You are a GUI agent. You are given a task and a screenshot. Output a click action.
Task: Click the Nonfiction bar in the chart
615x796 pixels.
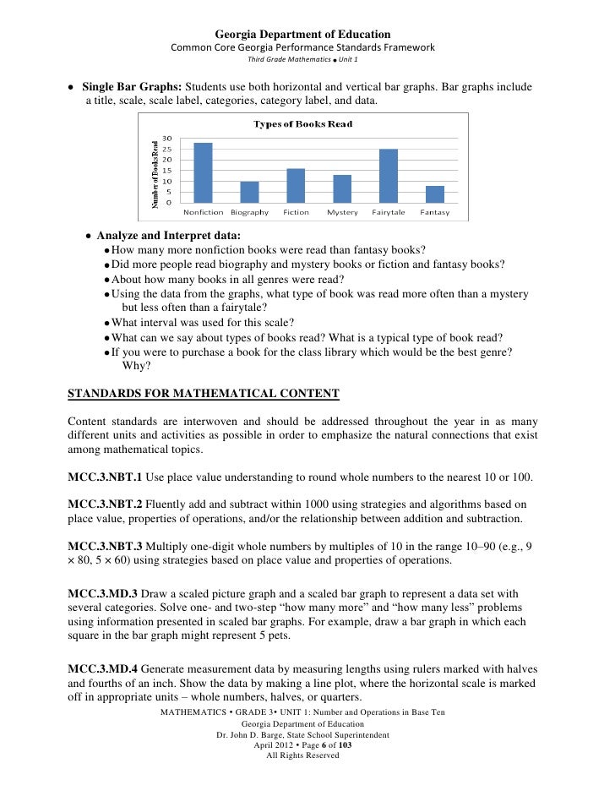(x=203, y=173)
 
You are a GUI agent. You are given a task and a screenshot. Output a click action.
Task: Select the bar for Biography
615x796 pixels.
(x=249, y=192)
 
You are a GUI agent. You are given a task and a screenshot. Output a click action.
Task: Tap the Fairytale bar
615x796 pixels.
(x=388, y=176)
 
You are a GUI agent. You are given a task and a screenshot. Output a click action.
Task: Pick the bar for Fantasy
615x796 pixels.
(x=434, y=194)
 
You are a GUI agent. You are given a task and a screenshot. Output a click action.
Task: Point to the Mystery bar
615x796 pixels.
(x=341, y=188)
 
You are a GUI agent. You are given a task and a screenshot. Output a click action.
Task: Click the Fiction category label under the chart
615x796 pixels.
(x=296, y=212)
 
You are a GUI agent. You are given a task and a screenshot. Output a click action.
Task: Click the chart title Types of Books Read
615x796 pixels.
(x=303, y=124)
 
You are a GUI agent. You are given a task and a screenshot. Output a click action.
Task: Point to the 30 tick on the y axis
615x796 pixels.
(x=167, y=139)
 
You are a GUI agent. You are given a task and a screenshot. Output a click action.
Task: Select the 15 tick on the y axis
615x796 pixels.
(x=167, y=171)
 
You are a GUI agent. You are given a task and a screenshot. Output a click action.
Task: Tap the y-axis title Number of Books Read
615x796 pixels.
(x=155, y=173)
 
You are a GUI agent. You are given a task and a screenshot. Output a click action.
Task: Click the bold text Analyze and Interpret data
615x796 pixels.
(x=168, y=236)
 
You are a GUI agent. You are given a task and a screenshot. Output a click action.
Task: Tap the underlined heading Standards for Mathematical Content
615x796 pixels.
(x=203, y=393)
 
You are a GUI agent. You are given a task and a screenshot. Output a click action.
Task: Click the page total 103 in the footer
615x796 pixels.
(x=345, y=745)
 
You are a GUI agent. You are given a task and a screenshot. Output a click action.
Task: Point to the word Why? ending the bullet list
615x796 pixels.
(x=135, y=366)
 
